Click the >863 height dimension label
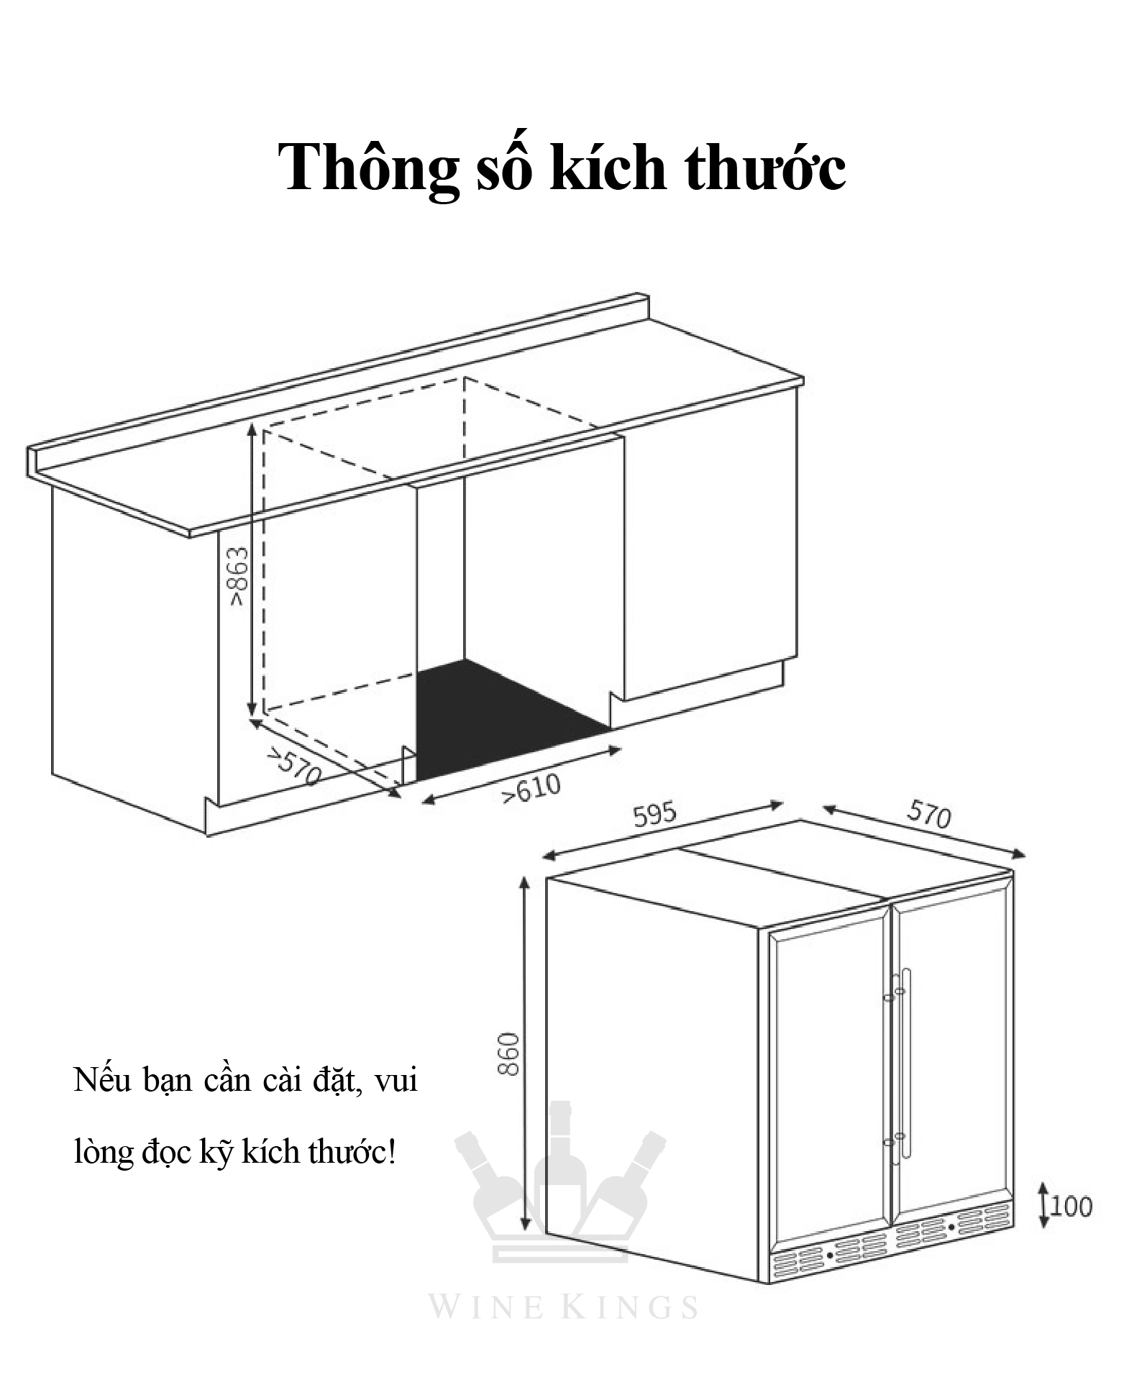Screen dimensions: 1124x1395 pos(239,577)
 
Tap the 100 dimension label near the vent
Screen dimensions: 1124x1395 pos(1071,1206)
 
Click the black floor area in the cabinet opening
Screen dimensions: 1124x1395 pos(503,719)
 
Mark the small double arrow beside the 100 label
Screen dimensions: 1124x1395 pos(1042,1206)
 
